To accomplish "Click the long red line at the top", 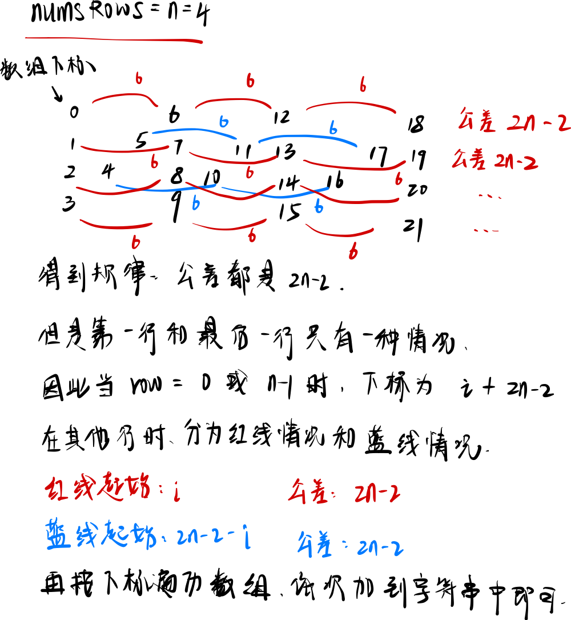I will pyautogui.click(x=114, y=39).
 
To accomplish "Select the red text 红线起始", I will pyautogui.click(x=97, y=489).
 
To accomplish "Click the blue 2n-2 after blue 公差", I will pyautogui.click(x=380, y=549).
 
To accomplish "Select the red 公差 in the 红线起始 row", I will pyautogui.click(x=308, y=491).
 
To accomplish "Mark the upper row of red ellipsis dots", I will pyautogui.click(x=489, y=197).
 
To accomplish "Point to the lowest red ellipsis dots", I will pyautogui.click(x=486, y=231).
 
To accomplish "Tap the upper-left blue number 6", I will pyautogui.click(x=223, y=122).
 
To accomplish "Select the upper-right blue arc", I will pyautogui.click(x=308, y=138).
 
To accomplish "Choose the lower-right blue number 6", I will pyautogui.click(x=319, y=207).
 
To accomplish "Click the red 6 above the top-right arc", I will pyautogui.click(x=363, y=85).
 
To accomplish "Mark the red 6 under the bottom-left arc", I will pyautogui.click(x=135, y=242).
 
